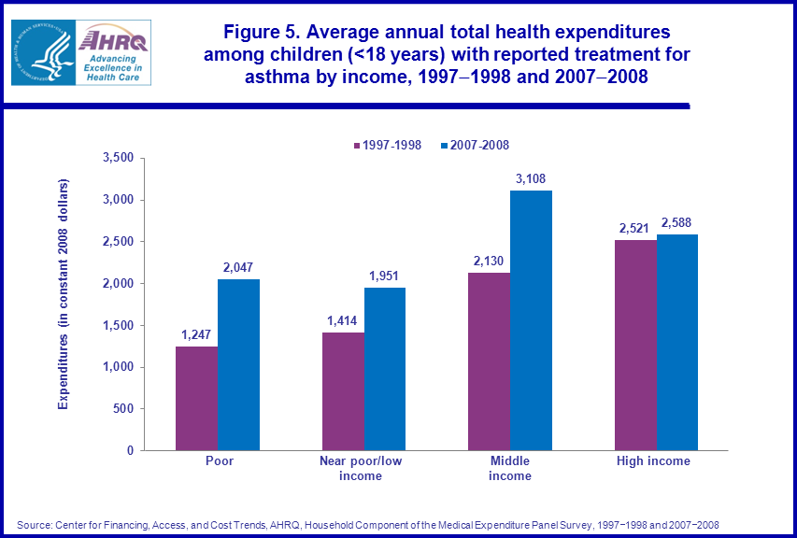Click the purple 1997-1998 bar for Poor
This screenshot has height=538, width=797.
click(x=196, y=398)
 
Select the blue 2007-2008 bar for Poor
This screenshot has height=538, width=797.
click(x=238, y=364)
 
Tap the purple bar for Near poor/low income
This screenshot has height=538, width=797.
click(x=343, y=390)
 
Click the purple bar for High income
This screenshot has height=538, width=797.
click(x=635, y=345)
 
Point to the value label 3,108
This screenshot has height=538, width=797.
click(x=530, y=177)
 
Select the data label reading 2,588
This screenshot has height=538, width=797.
click(x=676, y=221)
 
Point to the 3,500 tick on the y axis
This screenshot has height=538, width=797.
click(x=119, y=158)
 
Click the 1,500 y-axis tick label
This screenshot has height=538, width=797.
click(x=119, y=325)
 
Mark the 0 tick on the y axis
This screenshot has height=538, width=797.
click(x=131, y=450)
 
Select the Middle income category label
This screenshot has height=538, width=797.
click(x=510, y=469)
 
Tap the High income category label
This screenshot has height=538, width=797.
click(x=654, y=461)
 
